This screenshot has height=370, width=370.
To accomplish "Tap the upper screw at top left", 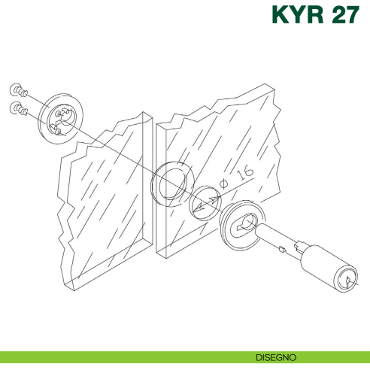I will (x=20, y=92).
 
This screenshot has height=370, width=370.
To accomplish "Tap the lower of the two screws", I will (x=20, y=110).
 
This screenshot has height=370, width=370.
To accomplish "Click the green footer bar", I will (x=113, y=356).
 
